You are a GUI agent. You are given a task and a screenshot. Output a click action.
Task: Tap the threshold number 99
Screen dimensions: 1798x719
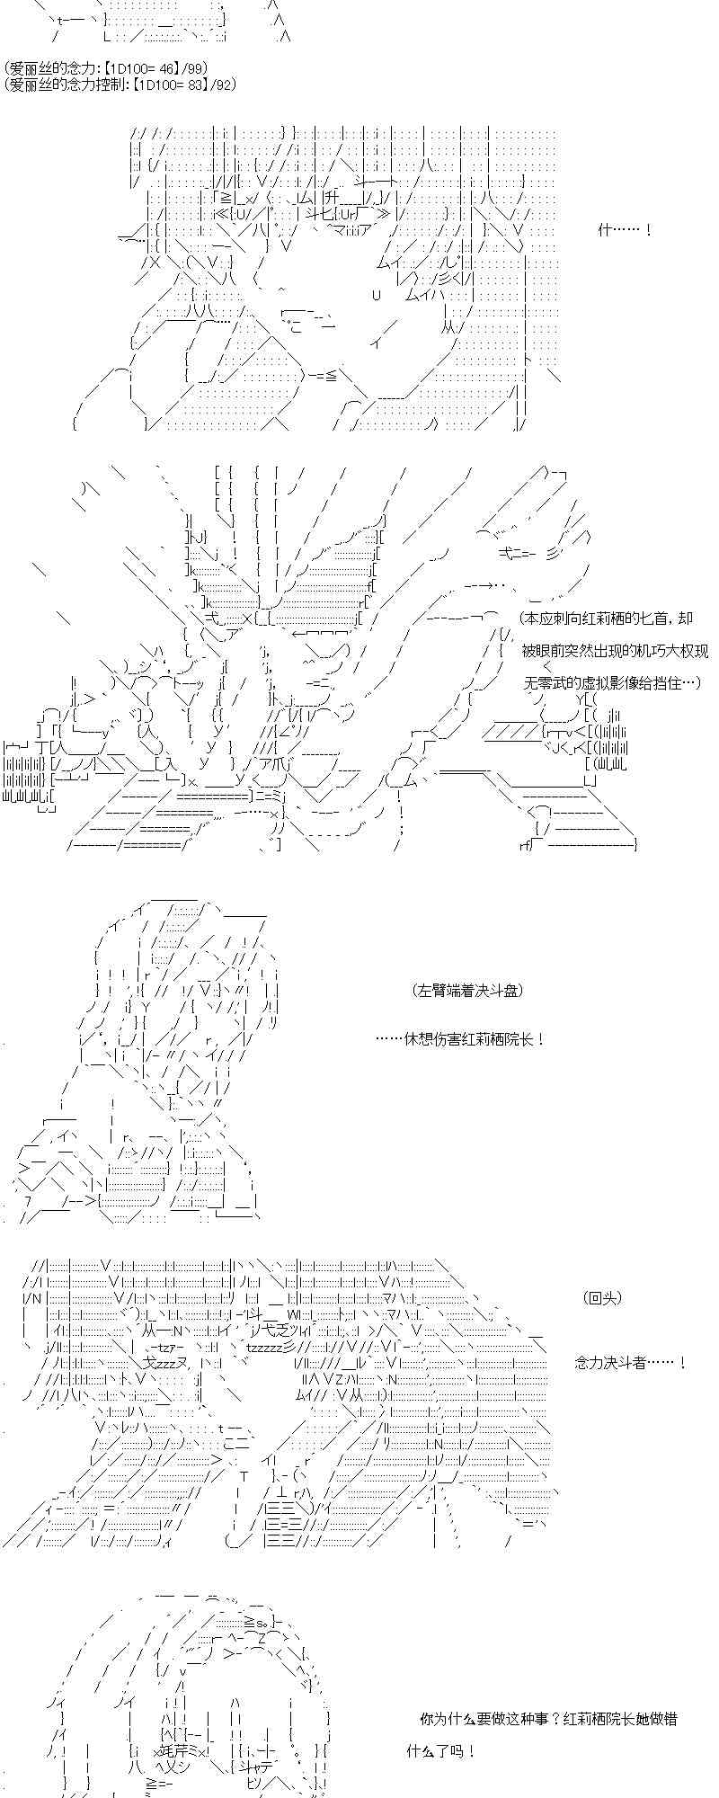tap(197, 68)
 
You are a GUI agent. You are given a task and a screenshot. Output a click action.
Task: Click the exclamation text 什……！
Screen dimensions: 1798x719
tap(625, 230)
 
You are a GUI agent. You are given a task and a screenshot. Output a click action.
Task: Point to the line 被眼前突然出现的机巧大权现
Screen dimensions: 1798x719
tap(615, 651)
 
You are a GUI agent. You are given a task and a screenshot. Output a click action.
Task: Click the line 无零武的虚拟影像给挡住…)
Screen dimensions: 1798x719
tap(612, 683)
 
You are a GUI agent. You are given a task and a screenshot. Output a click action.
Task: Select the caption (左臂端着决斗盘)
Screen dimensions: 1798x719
tap(468, 991)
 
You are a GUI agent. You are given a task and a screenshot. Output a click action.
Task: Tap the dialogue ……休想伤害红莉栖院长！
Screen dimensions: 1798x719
tap(460, 1039)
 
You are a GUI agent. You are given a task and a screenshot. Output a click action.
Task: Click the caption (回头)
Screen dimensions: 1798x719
tap(602, 1297)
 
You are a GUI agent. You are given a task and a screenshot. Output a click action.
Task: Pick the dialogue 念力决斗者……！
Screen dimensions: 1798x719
tap(631, 1363)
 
